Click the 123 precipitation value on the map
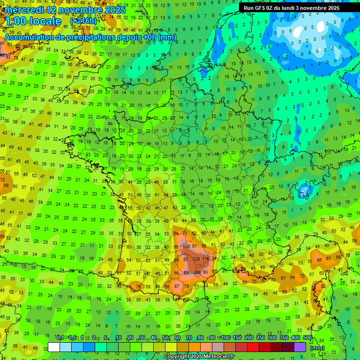[196, 259]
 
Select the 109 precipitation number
[197, 272]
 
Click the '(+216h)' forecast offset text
[83, 21]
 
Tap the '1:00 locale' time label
[33, 22]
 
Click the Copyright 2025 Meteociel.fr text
[199, 356]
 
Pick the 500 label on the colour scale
[307, 337]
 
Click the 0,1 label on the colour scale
[60, 337]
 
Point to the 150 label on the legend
[237, 337]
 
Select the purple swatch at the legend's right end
[300, 347]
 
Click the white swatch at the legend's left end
[54, 347]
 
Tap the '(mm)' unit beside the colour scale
[318, 348]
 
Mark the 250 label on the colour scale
[261, 337]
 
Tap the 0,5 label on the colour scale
[72, 337]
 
